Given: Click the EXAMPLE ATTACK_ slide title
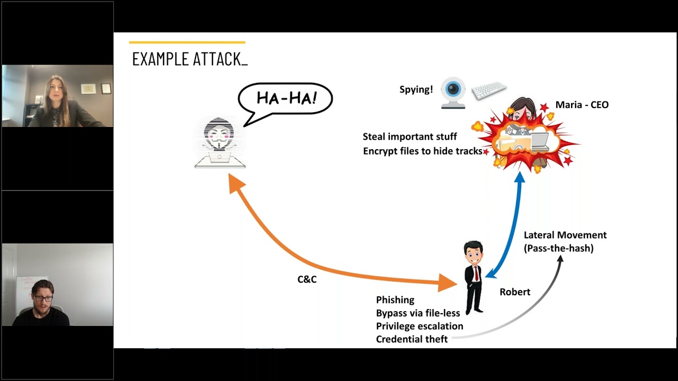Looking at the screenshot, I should coord(190,59).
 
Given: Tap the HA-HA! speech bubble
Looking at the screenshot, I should coord(286,98).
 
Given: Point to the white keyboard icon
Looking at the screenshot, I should coord(488,90).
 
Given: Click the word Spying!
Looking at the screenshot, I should coord(416,89).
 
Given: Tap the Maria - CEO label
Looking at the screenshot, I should coord(582,105).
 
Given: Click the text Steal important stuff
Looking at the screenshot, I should coord(409,137).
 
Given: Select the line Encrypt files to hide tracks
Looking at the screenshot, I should coord(422,151).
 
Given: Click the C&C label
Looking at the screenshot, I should coord(307,279).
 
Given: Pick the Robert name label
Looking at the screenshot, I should coord(514,292).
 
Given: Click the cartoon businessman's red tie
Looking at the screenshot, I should coord(477,273).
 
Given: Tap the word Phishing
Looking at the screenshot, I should coord(395,300).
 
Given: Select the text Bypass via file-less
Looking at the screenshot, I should coord(418,313).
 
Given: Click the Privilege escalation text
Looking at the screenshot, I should coord(420,326).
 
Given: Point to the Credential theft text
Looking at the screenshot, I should coord(412,339).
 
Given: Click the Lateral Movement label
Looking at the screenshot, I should coord(565,235).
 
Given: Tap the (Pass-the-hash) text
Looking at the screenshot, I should coord(558,248).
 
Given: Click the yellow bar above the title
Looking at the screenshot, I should coord(187,42).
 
